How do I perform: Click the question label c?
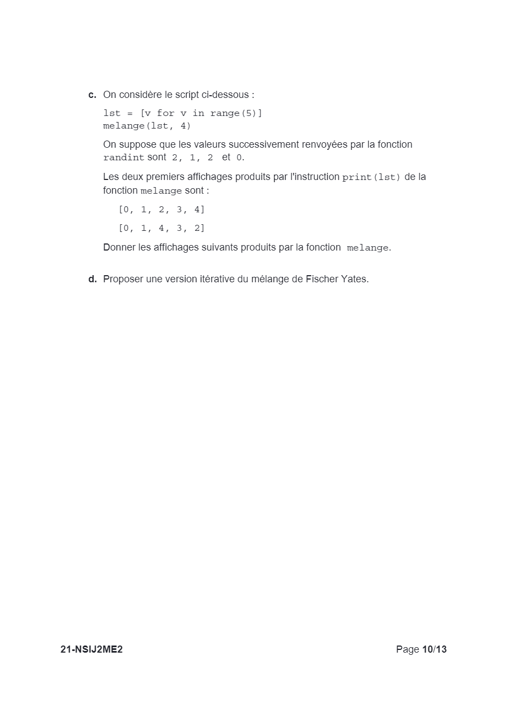click(x=92, y=95)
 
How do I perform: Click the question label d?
click(x=92, y=279)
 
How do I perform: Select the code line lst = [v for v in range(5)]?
click(x=183, y=113)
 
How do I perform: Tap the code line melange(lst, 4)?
click(x=147, y=126)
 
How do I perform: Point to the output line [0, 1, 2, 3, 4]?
click(x=161, y=210)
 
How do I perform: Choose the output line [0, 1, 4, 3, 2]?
click(x=161, y=229)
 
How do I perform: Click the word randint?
click(x=124, y=158)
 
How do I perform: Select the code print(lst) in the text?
click(x=372, y=178)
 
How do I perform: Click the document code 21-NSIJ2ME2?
click(x=91, y=649)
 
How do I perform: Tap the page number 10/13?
click(x=434, y=649)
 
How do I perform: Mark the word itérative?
click(x=216, y=279)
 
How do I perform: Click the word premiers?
click(x=164, y=177)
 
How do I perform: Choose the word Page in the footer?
click(x=407, y=649)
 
